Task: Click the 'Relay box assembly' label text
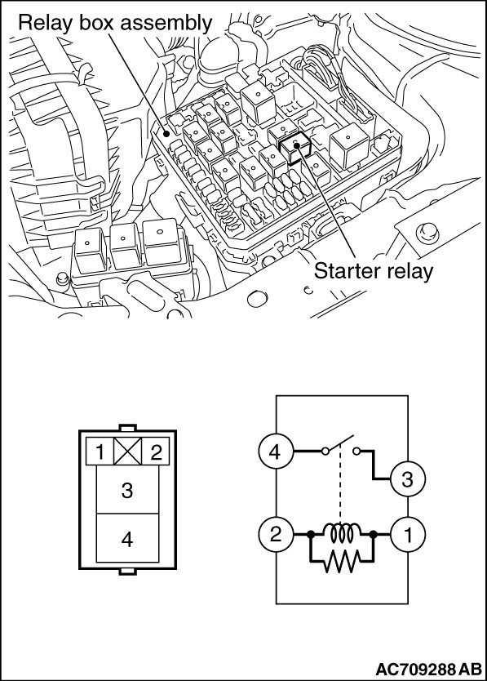click(115, 23)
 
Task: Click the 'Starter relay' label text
click(374, 271)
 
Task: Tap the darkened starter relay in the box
click(294, 149)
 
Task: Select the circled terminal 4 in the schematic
click(275, 452)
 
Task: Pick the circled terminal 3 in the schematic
click(408, 479)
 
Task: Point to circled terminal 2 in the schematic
click(275, 534)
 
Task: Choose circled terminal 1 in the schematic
click(408, 534)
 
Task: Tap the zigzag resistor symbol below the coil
click(342, 561)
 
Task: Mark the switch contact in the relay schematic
click(341, 445)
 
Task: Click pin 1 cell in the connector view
click(100, 452)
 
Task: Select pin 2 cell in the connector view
click(155, 452)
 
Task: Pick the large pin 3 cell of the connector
click(127, 489)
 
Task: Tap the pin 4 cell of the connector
click(127, 539)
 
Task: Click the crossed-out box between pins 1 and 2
click(127, 452)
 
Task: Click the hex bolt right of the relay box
click(427, 233)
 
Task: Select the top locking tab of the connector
click(127, 428)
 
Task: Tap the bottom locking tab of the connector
click(127, 572)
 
